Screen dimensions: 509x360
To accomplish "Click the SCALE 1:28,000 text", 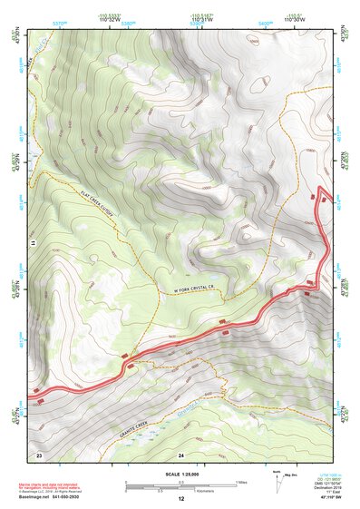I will click(180, 474).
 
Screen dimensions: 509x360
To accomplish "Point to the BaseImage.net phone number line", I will click(55, 497).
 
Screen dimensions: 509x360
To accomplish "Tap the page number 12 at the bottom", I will click(180, 499).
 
